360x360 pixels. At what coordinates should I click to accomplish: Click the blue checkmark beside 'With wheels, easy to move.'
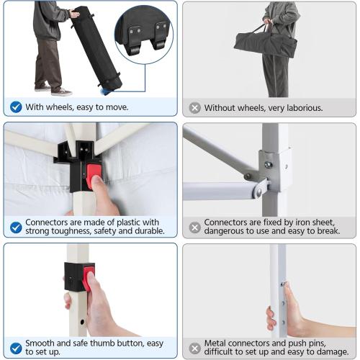point(16,107)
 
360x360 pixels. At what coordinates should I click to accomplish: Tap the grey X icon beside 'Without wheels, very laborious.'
point(194,108)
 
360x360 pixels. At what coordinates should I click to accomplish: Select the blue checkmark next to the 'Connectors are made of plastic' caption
point(16,227)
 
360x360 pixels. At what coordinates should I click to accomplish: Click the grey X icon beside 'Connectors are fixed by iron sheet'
point(194,228)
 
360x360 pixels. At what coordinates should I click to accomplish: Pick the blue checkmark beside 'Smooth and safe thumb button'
point(16,348)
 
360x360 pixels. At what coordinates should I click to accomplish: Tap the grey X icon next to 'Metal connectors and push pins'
point(194,348)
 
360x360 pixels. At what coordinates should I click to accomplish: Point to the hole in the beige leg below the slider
point(82,322)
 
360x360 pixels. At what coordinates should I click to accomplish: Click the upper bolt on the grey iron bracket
point(268,165)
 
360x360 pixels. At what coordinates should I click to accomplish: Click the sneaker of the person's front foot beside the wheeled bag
point(62,91)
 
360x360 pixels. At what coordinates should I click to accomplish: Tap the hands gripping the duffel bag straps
point(269,22)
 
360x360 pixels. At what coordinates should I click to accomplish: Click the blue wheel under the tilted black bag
point(106,91)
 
